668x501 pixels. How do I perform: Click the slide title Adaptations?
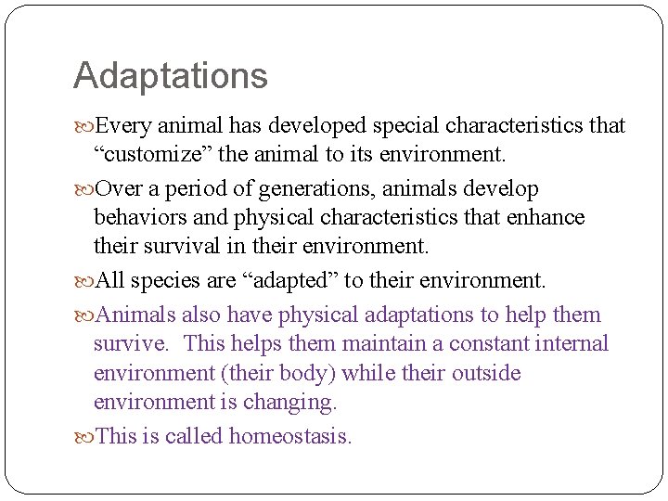170,76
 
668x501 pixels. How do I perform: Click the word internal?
575,344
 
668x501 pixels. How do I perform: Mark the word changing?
289,402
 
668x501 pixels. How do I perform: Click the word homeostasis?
290,436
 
